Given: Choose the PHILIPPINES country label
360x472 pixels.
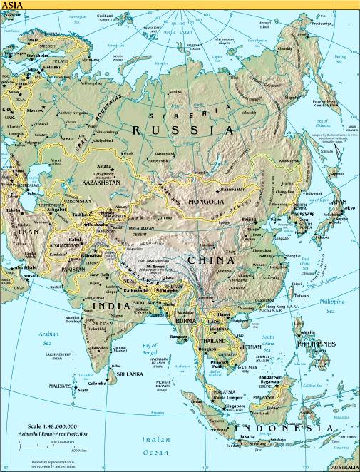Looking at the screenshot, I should (x=317, y=344).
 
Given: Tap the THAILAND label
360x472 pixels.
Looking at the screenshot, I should (x=199, y=340).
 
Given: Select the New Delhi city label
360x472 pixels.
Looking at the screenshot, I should (x=99, y=274).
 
